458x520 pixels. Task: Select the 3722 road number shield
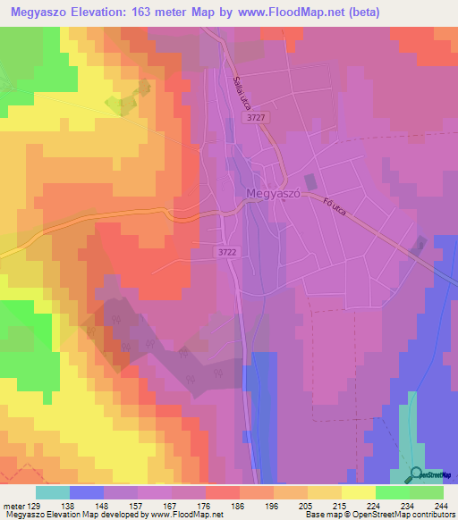point(227,253)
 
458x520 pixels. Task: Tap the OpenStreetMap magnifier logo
point(417,475)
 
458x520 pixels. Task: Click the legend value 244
point(439,505)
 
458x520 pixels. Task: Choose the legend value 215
point(340,505)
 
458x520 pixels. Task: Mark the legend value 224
point(373,505)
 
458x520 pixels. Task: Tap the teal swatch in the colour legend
point(53,492)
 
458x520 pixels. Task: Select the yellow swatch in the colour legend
point(358,492)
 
